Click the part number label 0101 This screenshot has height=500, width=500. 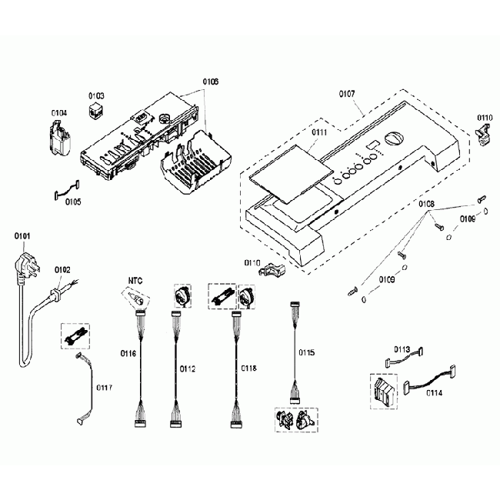click(x=22, y=236)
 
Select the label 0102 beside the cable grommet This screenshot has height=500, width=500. click(x=62, y=269)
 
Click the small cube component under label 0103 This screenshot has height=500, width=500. click(x=97, y=112)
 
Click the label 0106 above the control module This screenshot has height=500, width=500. click(x=210, y=81)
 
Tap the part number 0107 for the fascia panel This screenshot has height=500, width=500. click(x=347, y=94)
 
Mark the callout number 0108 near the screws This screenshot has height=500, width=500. click(x=427, y=204)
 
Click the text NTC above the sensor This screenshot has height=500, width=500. click(x=135, y=281)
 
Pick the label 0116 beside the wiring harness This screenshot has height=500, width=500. click(x=128, y=353)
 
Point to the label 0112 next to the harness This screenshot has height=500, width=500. click(x=188, y=368)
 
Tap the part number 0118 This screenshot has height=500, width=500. click(x=249, y=368)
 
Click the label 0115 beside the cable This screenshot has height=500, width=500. click(x=305, y=353)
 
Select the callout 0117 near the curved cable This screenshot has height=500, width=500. click(x=104, y=387)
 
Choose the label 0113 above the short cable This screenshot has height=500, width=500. click(x=402, y=348)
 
